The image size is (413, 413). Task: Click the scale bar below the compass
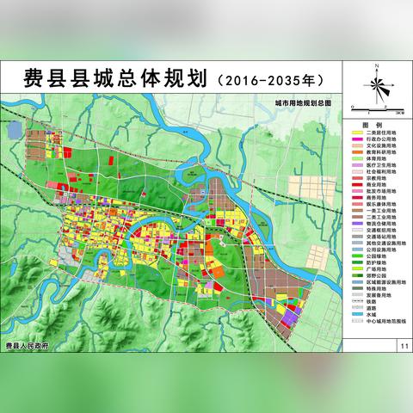[x=379, y=109]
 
